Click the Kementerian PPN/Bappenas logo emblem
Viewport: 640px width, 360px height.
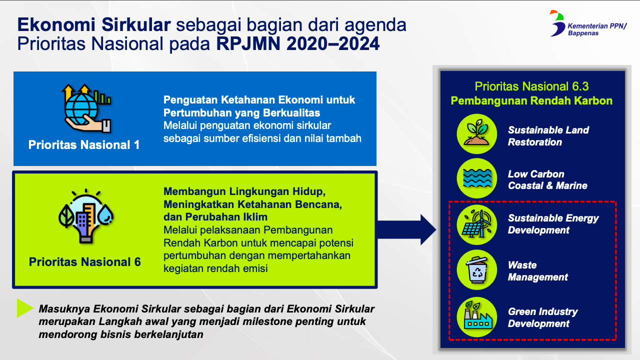pyautogui.click(x=557, y=23)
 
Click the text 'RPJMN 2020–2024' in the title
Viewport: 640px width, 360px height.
pyautogui.click(x=298, y=44)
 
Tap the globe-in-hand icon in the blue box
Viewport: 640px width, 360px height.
pyautogui.click(x=86, y=108)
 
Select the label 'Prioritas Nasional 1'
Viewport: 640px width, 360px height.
pyautogui.click(x=84, y=145)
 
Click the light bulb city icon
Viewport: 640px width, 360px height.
pyautogui.click(x=86, y=216)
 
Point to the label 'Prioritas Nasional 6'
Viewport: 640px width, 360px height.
pyautogui.click(x=85, y=262)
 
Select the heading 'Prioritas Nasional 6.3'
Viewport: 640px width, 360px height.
pyautogui.click(x=531, y=86)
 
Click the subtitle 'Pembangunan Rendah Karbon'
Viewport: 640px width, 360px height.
pyautogui.click(x=531, y=100)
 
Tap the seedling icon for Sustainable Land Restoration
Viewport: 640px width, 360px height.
pyautogui.click(x=476, y=134)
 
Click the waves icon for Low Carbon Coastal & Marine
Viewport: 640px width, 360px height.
pyautogui.click(x=476, y=178)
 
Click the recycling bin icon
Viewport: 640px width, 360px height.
pyautogui.click(x=476, y=270)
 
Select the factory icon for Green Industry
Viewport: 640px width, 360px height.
pyautogui.click(x=476, y=317)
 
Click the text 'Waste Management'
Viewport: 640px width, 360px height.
pyautogui.click(x=538, y=271)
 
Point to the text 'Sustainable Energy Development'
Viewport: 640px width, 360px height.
pyautogui.click(x=553, y=224)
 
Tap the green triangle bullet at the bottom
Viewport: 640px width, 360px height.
pyautogui.click(x=24, y=308)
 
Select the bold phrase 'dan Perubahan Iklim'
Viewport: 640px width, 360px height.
pyautogui.click(x=215, y=217)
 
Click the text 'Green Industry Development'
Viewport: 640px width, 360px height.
pyautogui.click(x=542, y=317)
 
